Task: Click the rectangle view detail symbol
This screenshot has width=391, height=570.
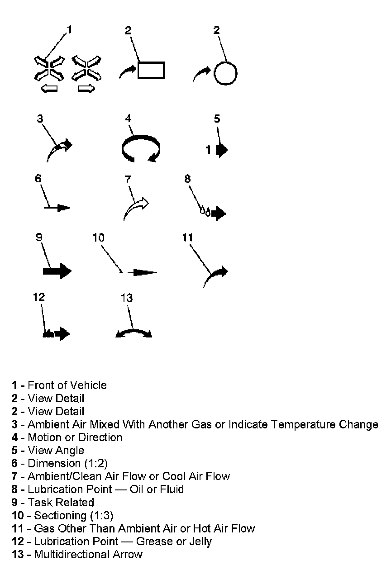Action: pyautogui.click(x=151, y=70)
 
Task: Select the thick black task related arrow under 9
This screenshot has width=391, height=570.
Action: pyautogui.click(x=57, y=271)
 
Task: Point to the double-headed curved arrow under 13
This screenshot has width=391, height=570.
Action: pyautogui.click(x=134, y=334)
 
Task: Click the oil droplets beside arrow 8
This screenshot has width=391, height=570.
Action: pyautogui.click(x=205, y=211)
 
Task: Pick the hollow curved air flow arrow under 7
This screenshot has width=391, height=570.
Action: pyautogui.click(x=136, y=208)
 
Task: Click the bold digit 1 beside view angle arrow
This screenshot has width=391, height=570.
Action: pyautogui.click(x=209, y=149)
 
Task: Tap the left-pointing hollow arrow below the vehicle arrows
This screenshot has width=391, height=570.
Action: pyautogui.click(x=49, y=89)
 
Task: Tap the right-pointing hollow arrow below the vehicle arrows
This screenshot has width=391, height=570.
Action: pyautogui.click(x=86, y=89)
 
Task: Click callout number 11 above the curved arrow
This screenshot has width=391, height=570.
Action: pyautogui.click(x=187, y=237)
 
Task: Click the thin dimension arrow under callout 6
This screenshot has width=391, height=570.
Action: pyautogui.click(x=57, y=208)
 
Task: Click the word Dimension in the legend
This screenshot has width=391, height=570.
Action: pyautogui.click(x=53, y=463)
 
